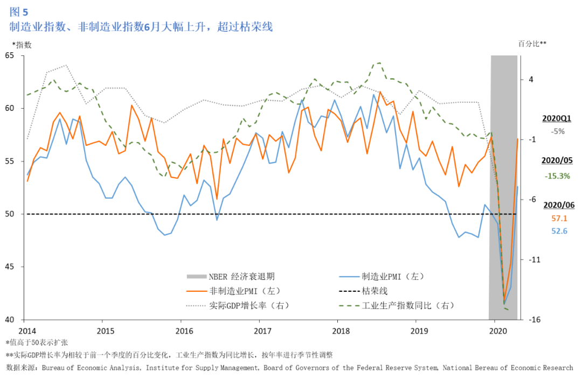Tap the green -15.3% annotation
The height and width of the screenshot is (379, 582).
tap(557, 176)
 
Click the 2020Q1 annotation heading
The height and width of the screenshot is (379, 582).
tap(557, 118)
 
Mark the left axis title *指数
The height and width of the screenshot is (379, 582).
tap(21, 45)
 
